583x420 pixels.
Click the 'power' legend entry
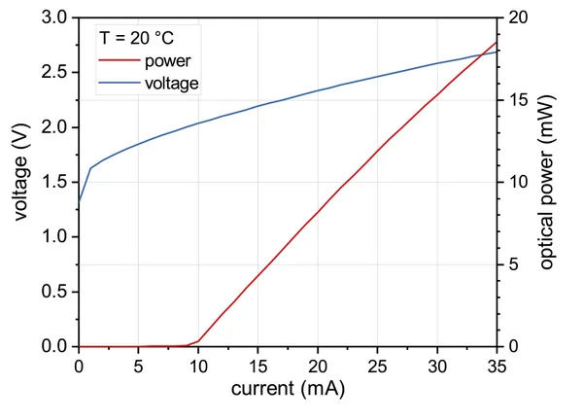pyautogui.click(x=167, y=62)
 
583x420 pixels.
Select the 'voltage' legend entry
pyautogui.click(x=172, y=84)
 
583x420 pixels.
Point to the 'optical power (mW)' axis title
pyautogui.click(x=546, y=183)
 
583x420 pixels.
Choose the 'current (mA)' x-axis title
pyautogui.click(x=288, y=389)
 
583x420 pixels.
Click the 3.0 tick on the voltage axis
pyautogui.click(x=56, y=18)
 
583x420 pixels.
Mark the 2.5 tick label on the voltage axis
pyautogui.click(x=56, y=73)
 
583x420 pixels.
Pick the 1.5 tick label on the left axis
pyautogui.click(x=56, y=183)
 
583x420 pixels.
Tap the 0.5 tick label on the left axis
pyautogui.click(x=56, y=292)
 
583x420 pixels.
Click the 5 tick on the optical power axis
pyautogui.click(x=513, y=264)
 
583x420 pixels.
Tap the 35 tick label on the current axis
pyautogui.click(x=497, y=366)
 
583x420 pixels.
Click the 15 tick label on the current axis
pyautogui.click(x=257, y=366)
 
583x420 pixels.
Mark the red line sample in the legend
pyautogui.click(x=120, y=62)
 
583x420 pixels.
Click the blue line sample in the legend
pyautogui.click(x=120, y=84)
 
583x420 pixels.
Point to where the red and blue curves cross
pyautogui.click(x=481, y=56)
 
